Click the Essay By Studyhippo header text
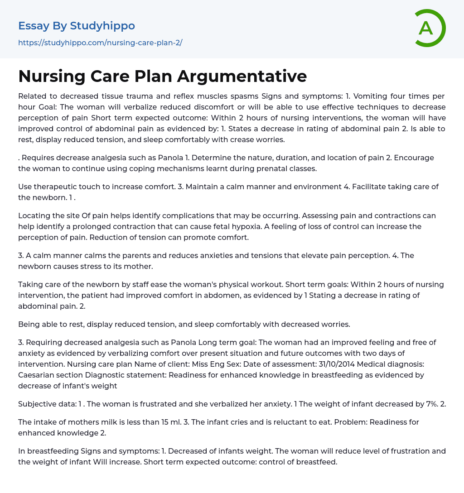click(x=77, y=26)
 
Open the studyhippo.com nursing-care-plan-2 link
click(x=100, y=43)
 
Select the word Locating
click(x=34, y=215)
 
